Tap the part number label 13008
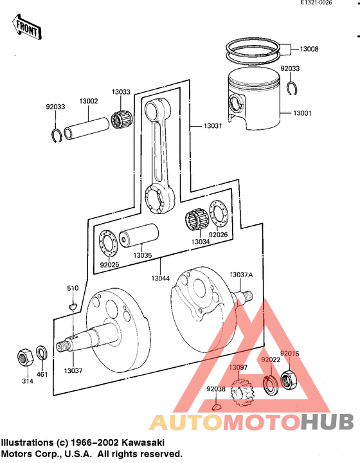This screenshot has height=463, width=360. coord(313,49)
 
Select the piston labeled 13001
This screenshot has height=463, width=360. coord(254,103)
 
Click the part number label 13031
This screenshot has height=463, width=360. coord(213,126)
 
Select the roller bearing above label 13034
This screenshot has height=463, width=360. coord(195,221)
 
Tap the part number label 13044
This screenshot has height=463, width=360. coord(161,278)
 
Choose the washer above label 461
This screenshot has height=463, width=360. coord(41,353)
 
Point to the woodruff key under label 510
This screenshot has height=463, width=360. coord(73,306)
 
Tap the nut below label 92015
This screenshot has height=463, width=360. coord(288,381)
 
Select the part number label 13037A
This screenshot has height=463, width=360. coord(242,275)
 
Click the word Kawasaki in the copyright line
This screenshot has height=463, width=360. coord(141,443)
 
